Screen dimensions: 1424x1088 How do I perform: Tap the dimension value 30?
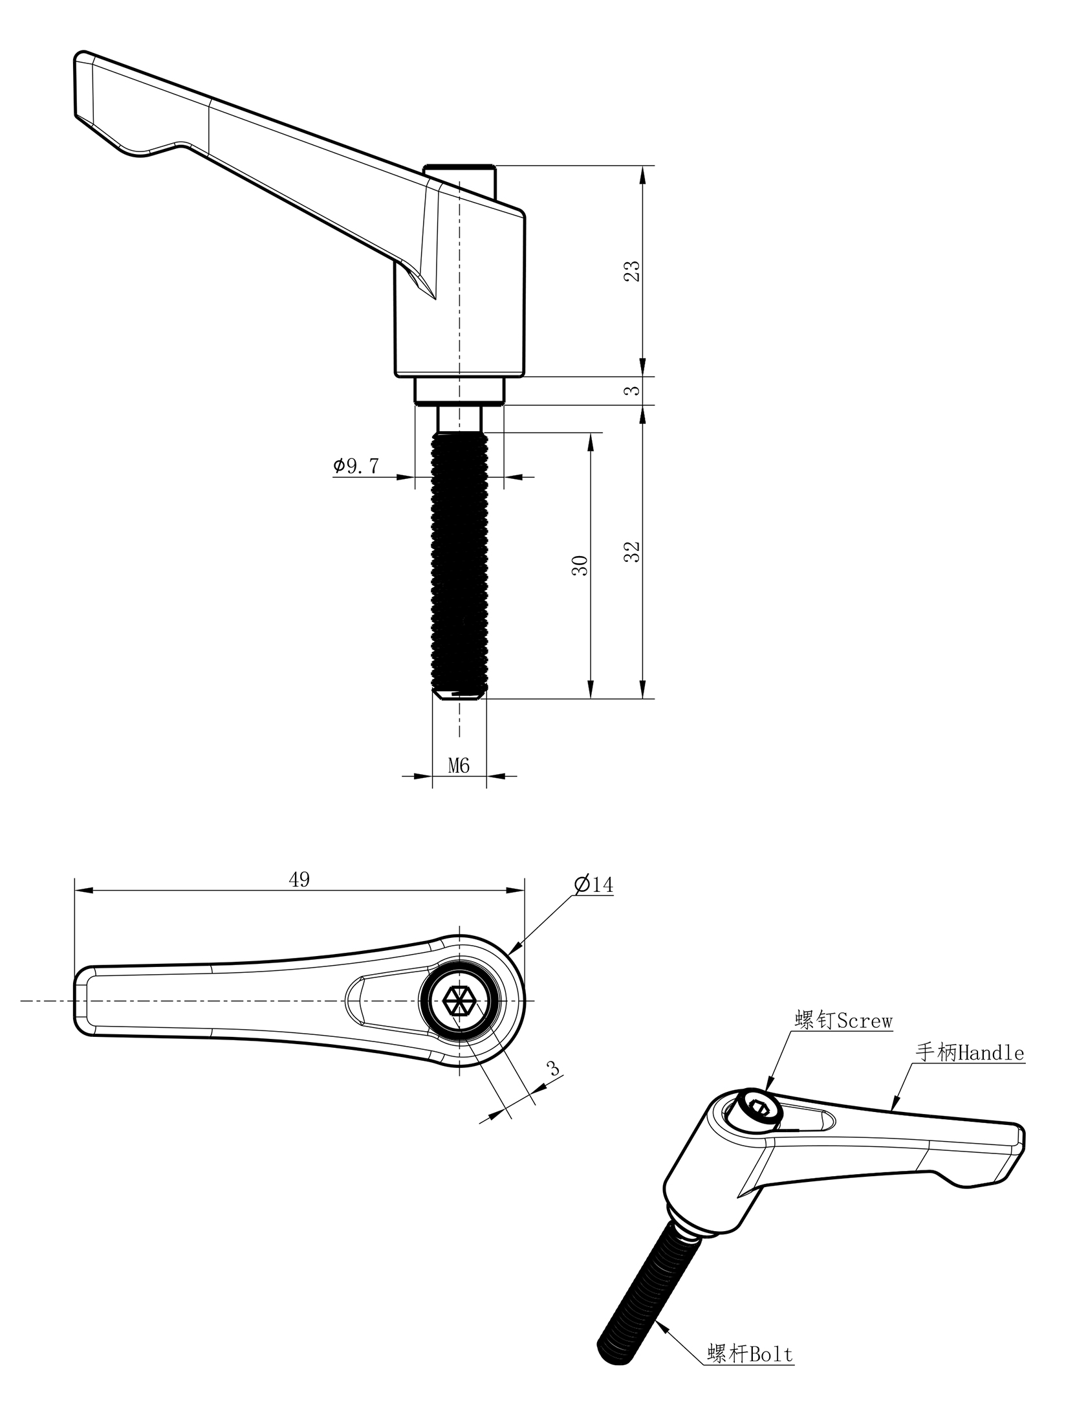click(580, 566)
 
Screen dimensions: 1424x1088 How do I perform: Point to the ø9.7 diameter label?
click(356, 466)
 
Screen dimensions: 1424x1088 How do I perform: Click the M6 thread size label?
click(459, 766)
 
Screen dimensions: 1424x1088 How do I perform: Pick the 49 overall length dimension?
click(299, 879)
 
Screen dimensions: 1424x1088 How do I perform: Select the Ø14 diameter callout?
click(593, 884)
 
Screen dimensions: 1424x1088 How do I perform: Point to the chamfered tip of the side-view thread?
click(459, 695)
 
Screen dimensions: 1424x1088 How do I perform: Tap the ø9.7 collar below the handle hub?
click(459, 391)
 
